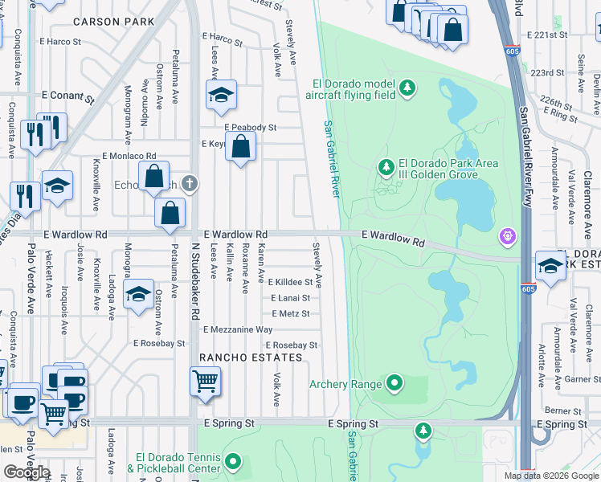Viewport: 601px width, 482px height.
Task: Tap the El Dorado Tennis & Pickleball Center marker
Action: (233, 461)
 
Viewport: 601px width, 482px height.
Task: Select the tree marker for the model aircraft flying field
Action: (407, 87)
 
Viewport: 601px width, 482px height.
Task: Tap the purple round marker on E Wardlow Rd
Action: (507, 236)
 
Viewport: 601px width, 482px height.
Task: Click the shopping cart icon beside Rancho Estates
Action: (206, 381)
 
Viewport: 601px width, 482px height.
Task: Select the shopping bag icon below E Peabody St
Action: (240, 147)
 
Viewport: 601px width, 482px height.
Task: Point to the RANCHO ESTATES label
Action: (234, 357)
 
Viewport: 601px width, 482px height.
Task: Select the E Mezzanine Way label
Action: (238, 329)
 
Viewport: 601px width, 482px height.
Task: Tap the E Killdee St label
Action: (290, 283)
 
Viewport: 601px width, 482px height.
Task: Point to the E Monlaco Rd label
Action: (129, 156)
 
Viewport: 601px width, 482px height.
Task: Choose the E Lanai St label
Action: (290, 298)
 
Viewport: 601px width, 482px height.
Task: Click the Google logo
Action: (27, 472)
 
